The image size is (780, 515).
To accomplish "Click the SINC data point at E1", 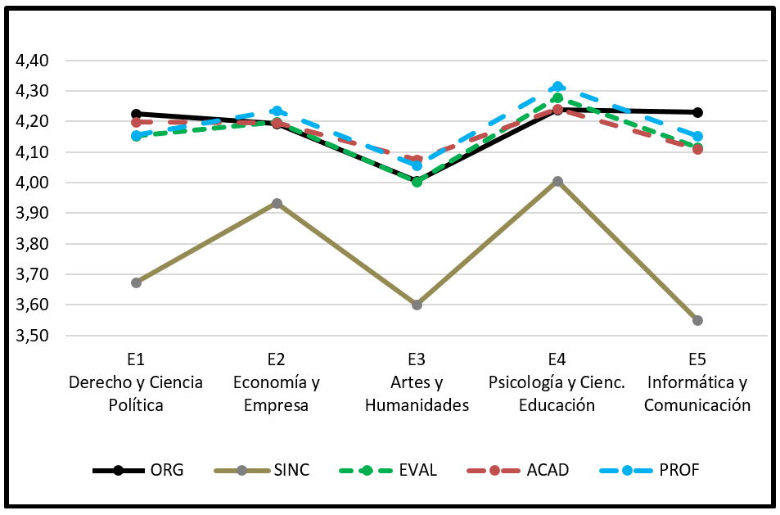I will (137, 282).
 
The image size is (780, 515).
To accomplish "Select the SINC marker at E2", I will (277, 203).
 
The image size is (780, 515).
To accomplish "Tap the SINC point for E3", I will (417, 305).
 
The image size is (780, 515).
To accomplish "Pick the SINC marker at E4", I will (557, 181).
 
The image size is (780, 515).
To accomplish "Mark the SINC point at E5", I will (697, 320).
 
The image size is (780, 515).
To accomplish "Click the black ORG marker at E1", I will (137, 114).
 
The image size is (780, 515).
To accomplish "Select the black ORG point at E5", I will (697, 112).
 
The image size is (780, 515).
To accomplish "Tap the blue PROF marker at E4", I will (557, 86).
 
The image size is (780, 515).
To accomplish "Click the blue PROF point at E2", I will (277, 111).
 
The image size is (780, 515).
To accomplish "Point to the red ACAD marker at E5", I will (697, 149).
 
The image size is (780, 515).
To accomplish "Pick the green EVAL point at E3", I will (417, 182).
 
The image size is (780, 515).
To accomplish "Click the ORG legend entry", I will (139, 470).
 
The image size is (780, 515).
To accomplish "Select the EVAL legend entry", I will (388, 470).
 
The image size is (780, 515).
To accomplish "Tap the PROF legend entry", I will (650, 470).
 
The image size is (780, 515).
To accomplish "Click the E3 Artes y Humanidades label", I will (417, 382).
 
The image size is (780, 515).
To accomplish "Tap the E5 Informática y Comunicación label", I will (697, 382).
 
